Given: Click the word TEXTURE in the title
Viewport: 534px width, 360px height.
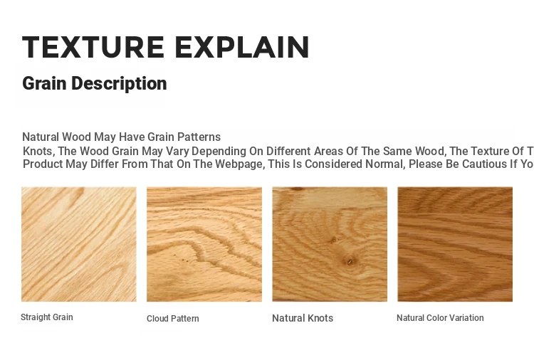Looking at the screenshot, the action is click(x=93, y=47).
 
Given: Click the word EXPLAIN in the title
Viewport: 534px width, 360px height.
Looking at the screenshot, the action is click(x=242, y=47).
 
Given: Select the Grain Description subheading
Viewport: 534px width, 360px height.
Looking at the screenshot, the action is click(x=94, y=84).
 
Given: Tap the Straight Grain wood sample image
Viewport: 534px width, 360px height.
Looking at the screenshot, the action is click(x=79, y=244).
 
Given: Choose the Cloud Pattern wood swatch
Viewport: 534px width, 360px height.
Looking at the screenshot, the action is click(x=204, y=244).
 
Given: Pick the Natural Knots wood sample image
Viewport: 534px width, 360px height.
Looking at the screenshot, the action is click(x=330, y=244).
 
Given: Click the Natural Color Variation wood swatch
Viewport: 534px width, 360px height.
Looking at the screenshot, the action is click(x=455, y=244).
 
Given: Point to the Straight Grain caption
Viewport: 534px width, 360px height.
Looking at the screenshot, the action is click(x=47, y=317).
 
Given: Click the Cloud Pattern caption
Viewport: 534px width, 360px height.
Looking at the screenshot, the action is click(x=173, y=319).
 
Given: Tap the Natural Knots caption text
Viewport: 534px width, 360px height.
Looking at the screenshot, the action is click(x=303, y=318).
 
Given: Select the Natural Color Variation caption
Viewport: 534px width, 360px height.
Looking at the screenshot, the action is click(x=440, y=318).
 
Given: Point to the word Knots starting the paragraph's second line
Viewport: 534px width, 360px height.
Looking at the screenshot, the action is click(x=39, y=151).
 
